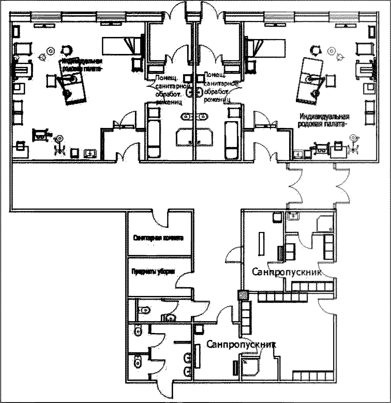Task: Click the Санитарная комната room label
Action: (x=158, y=238)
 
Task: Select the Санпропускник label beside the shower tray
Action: (x=241, y=344)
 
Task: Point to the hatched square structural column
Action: (x=243, y=295)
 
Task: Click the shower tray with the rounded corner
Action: (x=250, y=366)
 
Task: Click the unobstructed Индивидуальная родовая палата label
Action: (x=324, y=120)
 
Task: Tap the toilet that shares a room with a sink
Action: (x=144, y=309)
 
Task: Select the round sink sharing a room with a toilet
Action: (x=170, y=318)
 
